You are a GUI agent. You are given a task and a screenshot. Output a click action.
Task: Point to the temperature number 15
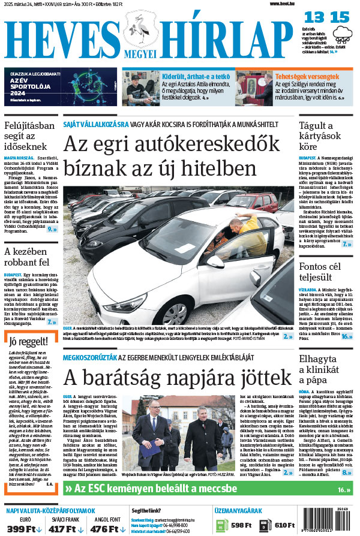(338, 17)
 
